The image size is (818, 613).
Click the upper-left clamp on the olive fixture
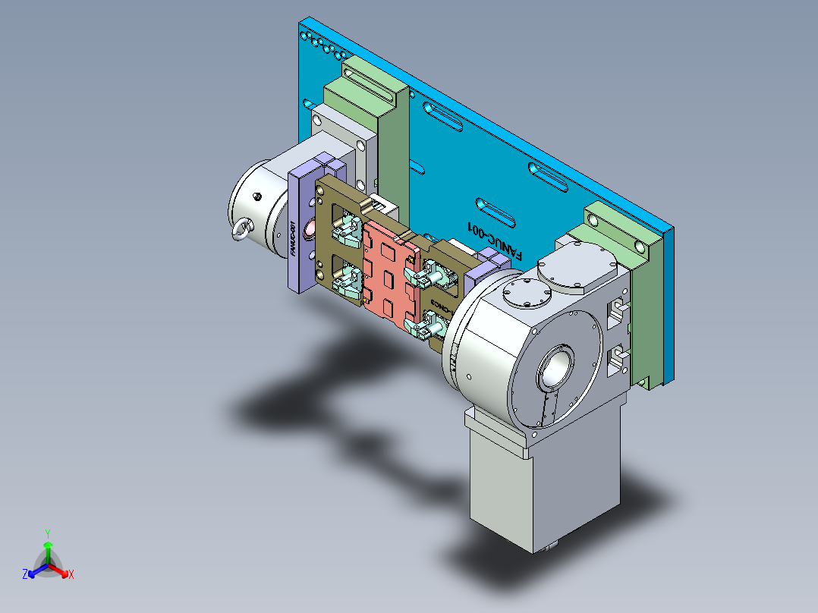[x=348, y=228]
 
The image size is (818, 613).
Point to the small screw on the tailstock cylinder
[x=259, y=196]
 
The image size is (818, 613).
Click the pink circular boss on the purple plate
[x=310, y=229]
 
